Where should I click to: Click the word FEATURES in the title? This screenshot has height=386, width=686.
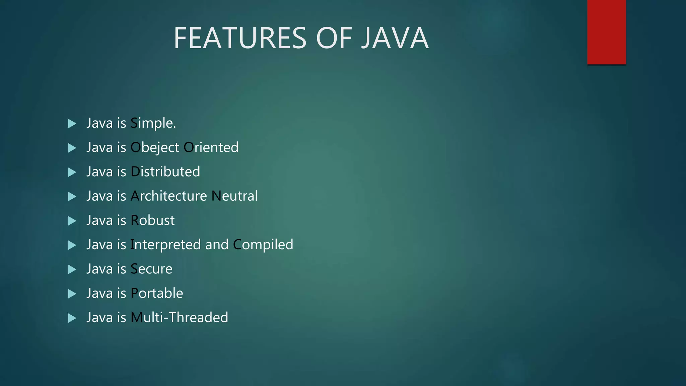pyautogui.click(x=240, y=38)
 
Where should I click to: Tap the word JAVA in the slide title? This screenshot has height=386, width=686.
pyautogui.click(x=395, y=38)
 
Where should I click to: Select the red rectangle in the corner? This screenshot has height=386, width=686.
pyautogui.click(x=606, y=32)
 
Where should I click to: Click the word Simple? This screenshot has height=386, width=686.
pyautogui.click(x=153, y=123)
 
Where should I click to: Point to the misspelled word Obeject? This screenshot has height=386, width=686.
pyautogui.click(x=155, y=148)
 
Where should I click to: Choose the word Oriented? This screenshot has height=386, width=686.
pyautogui.click(x=211, y=148)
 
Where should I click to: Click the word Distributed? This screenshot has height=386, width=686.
pyautogui.click(x=165, y=172)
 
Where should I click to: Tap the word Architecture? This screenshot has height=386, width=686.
pyautogui.click(x=169, y=196)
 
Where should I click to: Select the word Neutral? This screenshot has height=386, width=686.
pyautogui.click(x=234, y=196)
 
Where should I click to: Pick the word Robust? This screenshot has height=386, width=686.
pyautogui.click(x=152, y=220)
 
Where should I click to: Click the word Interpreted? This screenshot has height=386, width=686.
pyautogui.click(x=165, y=245)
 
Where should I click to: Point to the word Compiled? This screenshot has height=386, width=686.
pyautogui.click(x=263, y=245)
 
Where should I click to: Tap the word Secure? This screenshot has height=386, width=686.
pyautogui.click(x=151, y=269)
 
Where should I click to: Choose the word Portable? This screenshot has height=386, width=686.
pyautogui.click(x=157, y=293)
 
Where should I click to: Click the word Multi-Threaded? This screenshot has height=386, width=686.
pyautogui.click(x=179, y=318)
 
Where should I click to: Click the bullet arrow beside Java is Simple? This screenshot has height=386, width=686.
pyautogui.click(x=72, y=124)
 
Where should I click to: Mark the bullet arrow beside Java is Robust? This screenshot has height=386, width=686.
pyautogui.click(x=72, y=221)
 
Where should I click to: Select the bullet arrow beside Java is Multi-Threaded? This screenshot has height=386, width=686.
pyautogui.click(x=72, y=318)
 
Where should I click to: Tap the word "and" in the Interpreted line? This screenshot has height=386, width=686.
pyautogui.click(x=217, y=245)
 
